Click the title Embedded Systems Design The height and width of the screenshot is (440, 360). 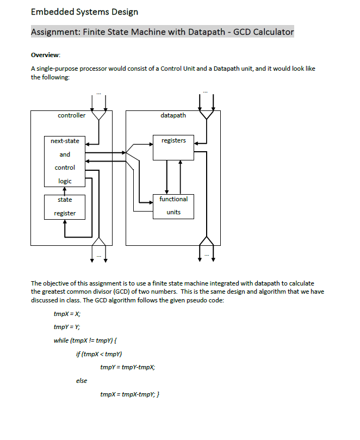[84, 11]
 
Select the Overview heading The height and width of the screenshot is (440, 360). [46, 55]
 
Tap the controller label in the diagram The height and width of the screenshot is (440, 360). [71, 115]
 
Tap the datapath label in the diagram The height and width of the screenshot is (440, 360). [173, 115]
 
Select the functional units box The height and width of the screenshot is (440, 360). [173, 206]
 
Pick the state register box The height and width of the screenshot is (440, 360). [65, 207]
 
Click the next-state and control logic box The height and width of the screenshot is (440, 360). [65, 160]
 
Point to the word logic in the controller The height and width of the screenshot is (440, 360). [65, 181]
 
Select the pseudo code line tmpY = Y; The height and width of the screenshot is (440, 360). [67, 327]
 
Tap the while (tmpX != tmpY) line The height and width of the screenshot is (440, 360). [85, 340]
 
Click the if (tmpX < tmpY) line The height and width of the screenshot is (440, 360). [98, 354]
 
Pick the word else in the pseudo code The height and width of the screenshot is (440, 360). [81, 381]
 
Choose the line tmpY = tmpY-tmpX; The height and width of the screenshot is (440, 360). [128, 367]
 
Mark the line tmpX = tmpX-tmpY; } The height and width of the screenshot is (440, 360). [129, 394]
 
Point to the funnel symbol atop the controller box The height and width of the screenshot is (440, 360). [98, 115]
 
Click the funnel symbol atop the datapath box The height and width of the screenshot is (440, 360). [206, 115]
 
